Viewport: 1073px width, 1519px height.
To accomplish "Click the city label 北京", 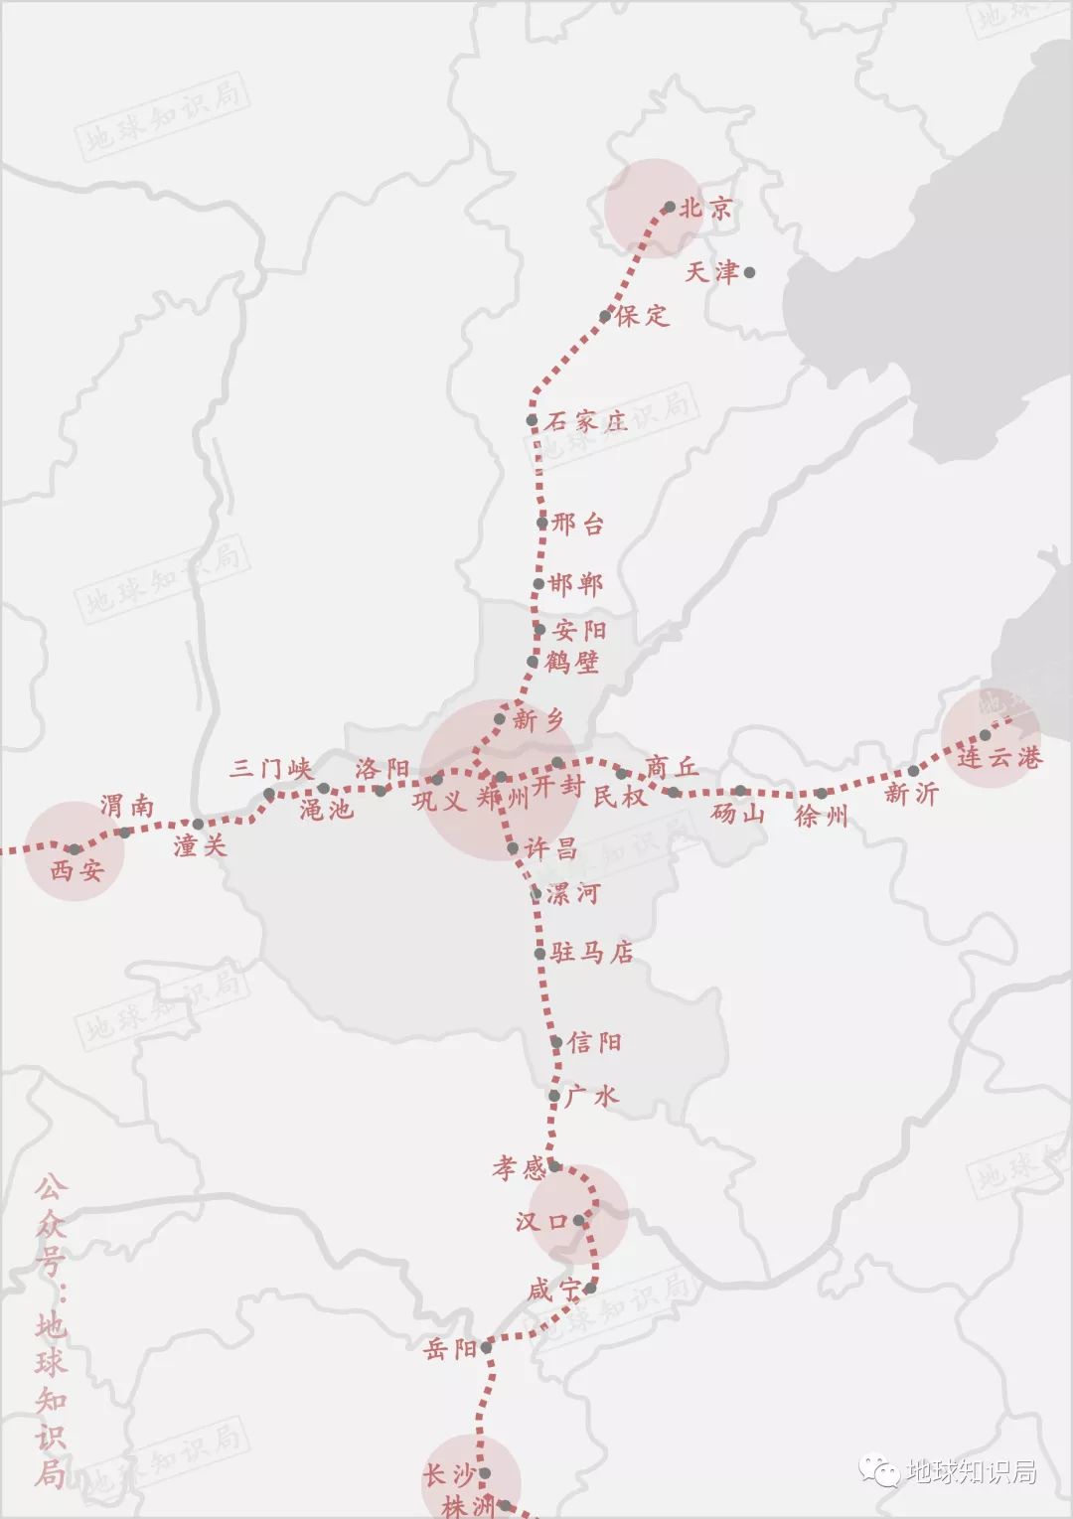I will [706, 209].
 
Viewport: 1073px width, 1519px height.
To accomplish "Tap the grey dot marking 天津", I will [750, 272].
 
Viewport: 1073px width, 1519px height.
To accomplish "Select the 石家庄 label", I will [586, 421].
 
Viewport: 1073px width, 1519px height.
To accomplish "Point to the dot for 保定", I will [605, 317].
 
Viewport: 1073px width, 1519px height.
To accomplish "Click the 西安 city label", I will [77, 871].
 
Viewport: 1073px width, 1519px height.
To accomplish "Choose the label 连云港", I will [999, 758].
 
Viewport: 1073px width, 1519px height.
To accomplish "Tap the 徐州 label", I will [822, 817].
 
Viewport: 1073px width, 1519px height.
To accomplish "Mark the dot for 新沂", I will [914, 771].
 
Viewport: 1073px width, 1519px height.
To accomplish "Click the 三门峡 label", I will [271, 768].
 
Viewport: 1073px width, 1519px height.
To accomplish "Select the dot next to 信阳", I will [557, 1042].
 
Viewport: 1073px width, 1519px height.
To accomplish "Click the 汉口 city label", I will [540, 1221].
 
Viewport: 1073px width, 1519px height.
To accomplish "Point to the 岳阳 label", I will [450, 1349].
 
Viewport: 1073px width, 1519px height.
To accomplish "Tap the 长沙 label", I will [449, 1474].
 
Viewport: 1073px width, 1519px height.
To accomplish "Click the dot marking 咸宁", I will [589, 1289].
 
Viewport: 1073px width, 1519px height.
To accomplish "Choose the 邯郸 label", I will [576, 584].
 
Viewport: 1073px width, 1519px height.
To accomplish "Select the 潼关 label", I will [200, 845].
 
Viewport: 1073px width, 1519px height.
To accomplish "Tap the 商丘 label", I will [673, 767].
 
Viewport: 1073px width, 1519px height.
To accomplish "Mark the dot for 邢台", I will [542, 523].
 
